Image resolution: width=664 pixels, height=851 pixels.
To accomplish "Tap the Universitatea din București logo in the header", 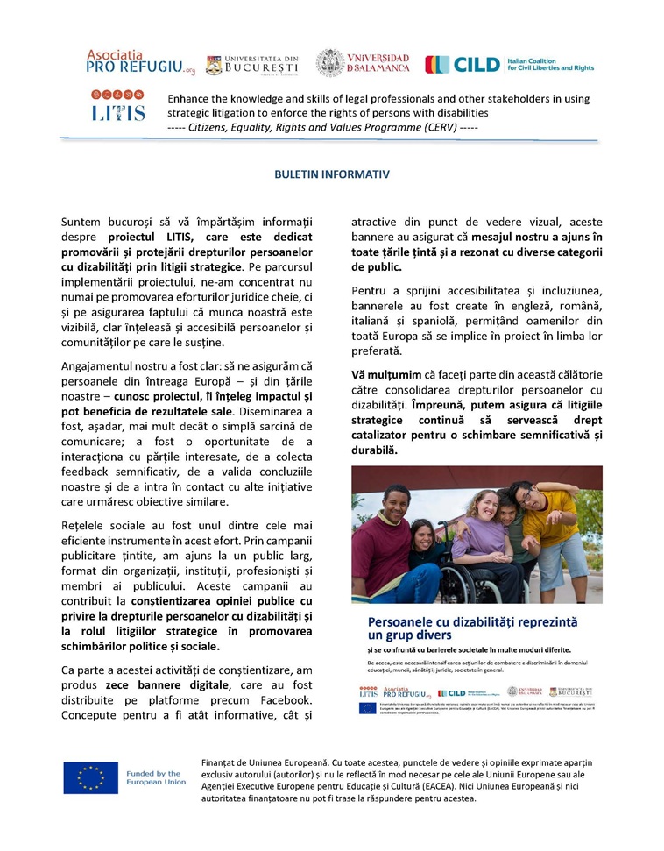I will click(x=252, y=64).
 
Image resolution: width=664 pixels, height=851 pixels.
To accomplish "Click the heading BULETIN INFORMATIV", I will click(x=331, y=174).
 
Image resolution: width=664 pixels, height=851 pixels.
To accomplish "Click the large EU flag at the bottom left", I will click(x=90, y=778).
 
